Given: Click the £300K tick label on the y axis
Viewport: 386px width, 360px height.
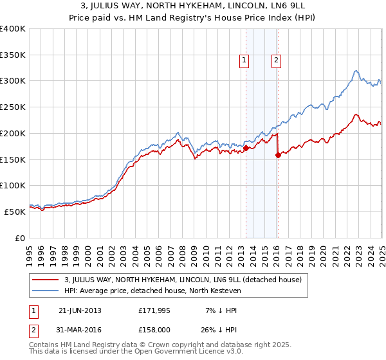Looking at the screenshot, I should click(13, 81).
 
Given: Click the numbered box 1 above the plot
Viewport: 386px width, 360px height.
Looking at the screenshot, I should click(245, 61).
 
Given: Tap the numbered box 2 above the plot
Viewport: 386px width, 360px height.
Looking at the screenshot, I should click(276, 61).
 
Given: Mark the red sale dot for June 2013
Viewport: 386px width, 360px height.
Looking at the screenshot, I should click(246, 148).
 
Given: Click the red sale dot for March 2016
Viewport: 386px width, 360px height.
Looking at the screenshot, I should click(278, 155).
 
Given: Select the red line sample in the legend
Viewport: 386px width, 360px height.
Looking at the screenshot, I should click(47, 280).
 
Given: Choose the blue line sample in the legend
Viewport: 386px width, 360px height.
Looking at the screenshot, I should click(47, 291).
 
